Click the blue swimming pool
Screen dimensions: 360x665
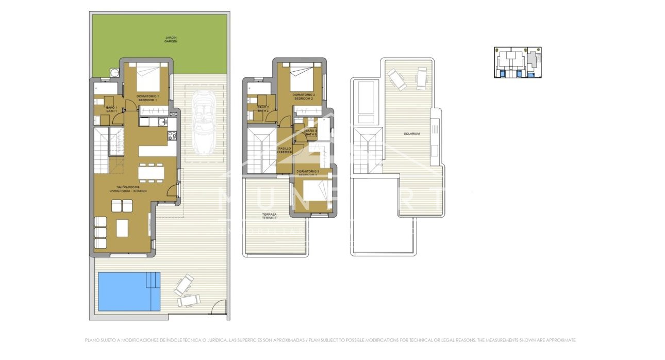[x=129, y=291]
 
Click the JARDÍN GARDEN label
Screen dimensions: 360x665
[x=171, y=39]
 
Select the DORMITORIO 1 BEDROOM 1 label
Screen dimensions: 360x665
[x=147, y=98]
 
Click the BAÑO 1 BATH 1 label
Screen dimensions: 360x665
[x=112, y=109]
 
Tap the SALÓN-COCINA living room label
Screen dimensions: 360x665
[x=128, y=189]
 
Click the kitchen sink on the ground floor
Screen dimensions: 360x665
[x=162, y=122]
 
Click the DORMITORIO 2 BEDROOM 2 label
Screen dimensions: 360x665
[x=303, y=96]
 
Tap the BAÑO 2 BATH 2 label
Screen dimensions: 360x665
[x=263, y=109]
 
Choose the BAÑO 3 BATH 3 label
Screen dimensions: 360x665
[x=310, y=133]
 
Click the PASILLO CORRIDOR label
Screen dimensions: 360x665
[x=285, y=150]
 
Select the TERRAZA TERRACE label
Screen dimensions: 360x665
[x=270, y=216]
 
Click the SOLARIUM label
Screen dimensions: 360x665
[x=412, y=134]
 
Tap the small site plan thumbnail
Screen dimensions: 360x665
[x=518, y=62]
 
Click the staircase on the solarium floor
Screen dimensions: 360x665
[x=368, y=152]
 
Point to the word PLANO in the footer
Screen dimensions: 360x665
[x=91, y=340]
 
